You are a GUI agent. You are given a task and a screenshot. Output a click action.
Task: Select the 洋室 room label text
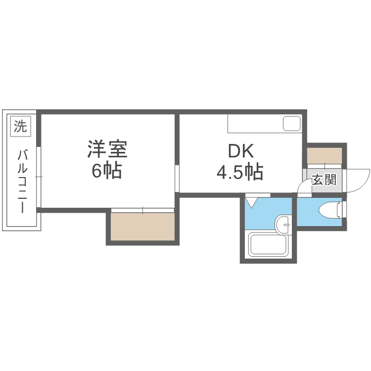(x=107, y=149)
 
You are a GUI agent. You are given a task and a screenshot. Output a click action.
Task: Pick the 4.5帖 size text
(x=240, y=172)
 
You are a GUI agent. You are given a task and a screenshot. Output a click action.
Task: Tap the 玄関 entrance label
(x=324, y=180)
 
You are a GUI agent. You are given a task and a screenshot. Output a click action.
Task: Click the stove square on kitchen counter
(x=291, y=124)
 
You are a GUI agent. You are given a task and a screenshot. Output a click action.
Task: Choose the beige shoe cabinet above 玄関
(x=324, y=156)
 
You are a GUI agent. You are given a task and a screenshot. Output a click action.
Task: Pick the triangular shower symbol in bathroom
(x=252, y=202)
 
